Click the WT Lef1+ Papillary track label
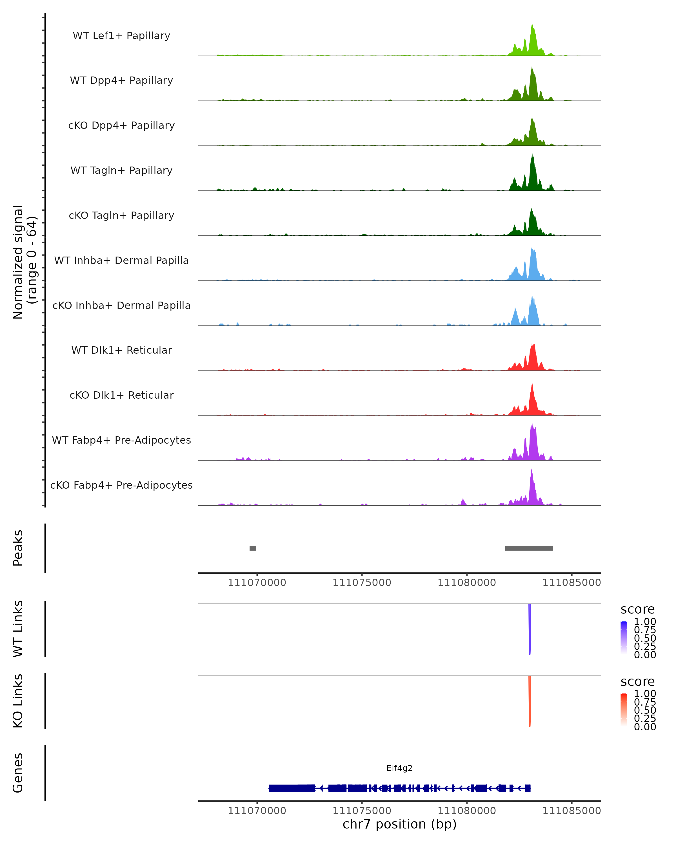coord(121,36)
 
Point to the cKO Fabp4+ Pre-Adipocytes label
coord(121,485)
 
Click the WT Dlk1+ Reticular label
coord(121,350)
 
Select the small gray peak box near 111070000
coord(253,548)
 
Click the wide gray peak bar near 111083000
coord(529,548)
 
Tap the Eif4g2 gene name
coord(399,768)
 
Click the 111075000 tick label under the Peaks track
coord(362,583)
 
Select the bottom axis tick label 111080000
coord(467,811)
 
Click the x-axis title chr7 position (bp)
coord(399,824)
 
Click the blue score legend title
coord(638,610)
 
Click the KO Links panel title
coord(18,701)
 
